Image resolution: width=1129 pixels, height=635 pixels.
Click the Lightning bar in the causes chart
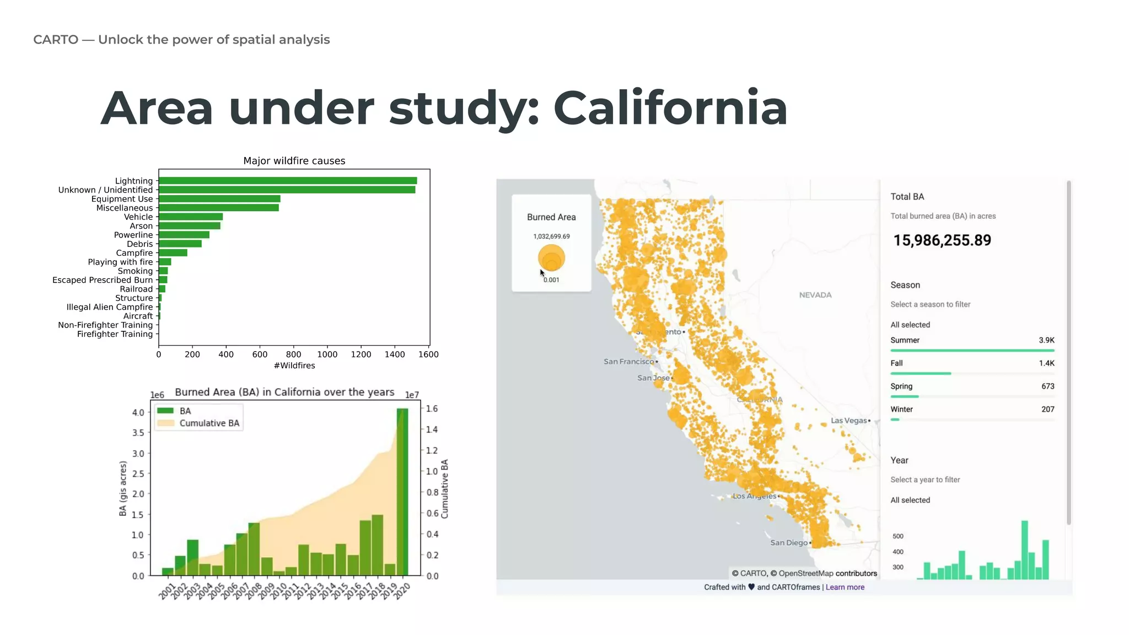pyautogui.click(x=287, y=181)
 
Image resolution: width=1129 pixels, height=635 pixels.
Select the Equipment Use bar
pyautogui.click(x=219, y=199)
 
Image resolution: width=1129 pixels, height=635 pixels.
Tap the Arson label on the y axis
pyautogui.click(x=141, y=226)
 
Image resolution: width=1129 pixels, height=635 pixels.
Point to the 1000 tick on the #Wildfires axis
pyautogui.click(x=327, y=354)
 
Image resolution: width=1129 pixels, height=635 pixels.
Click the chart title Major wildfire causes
pyautogui.click(x=294, y=161)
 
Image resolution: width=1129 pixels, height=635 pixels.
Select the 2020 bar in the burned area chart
pyautogui.click(x=402, y=492)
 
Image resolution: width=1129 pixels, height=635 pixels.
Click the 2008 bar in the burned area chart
pyautogui.click(x=254, y=549)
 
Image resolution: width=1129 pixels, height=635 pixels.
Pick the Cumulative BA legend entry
pyautogui.click(x=209, y=423)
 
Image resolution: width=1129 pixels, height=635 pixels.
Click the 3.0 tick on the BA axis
pyautogui.click(x=138, y=454)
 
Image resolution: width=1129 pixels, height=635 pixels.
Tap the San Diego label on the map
pyautogui.click(x=789, y=543)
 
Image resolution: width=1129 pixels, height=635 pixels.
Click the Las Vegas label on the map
pyautogui.click(x=849, y=421)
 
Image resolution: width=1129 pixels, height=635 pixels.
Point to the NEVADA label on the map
pyautogui.click(x=815, y=295)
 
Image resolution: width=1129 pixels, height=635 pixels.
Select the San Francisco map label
pyautogui.click(x=628, y=362)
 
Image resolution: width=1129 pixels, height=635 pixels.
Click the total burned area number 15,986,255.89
pyautogui.click(x=942, y=240)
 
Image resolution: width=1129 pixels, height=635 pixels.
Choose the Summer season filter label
pyautogui.click(x=905, y=340)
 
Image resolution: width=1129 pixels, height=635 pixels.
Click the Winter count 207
pyautogui.click(x=1047, y=410)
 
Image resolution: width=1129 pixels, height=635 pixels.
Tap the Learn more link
pyautogui.click(x=845, y=587)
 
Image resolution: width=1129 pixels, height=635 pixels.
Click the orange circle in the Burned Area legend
pyautogui.click(x=551, y=258)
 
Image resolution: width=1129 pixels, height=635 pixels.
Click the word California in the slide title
pyautogui.click(x=670, y=108)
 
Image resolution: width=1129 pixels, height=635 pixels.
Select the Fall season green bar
pyautogui.click(x=921, y=374)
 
